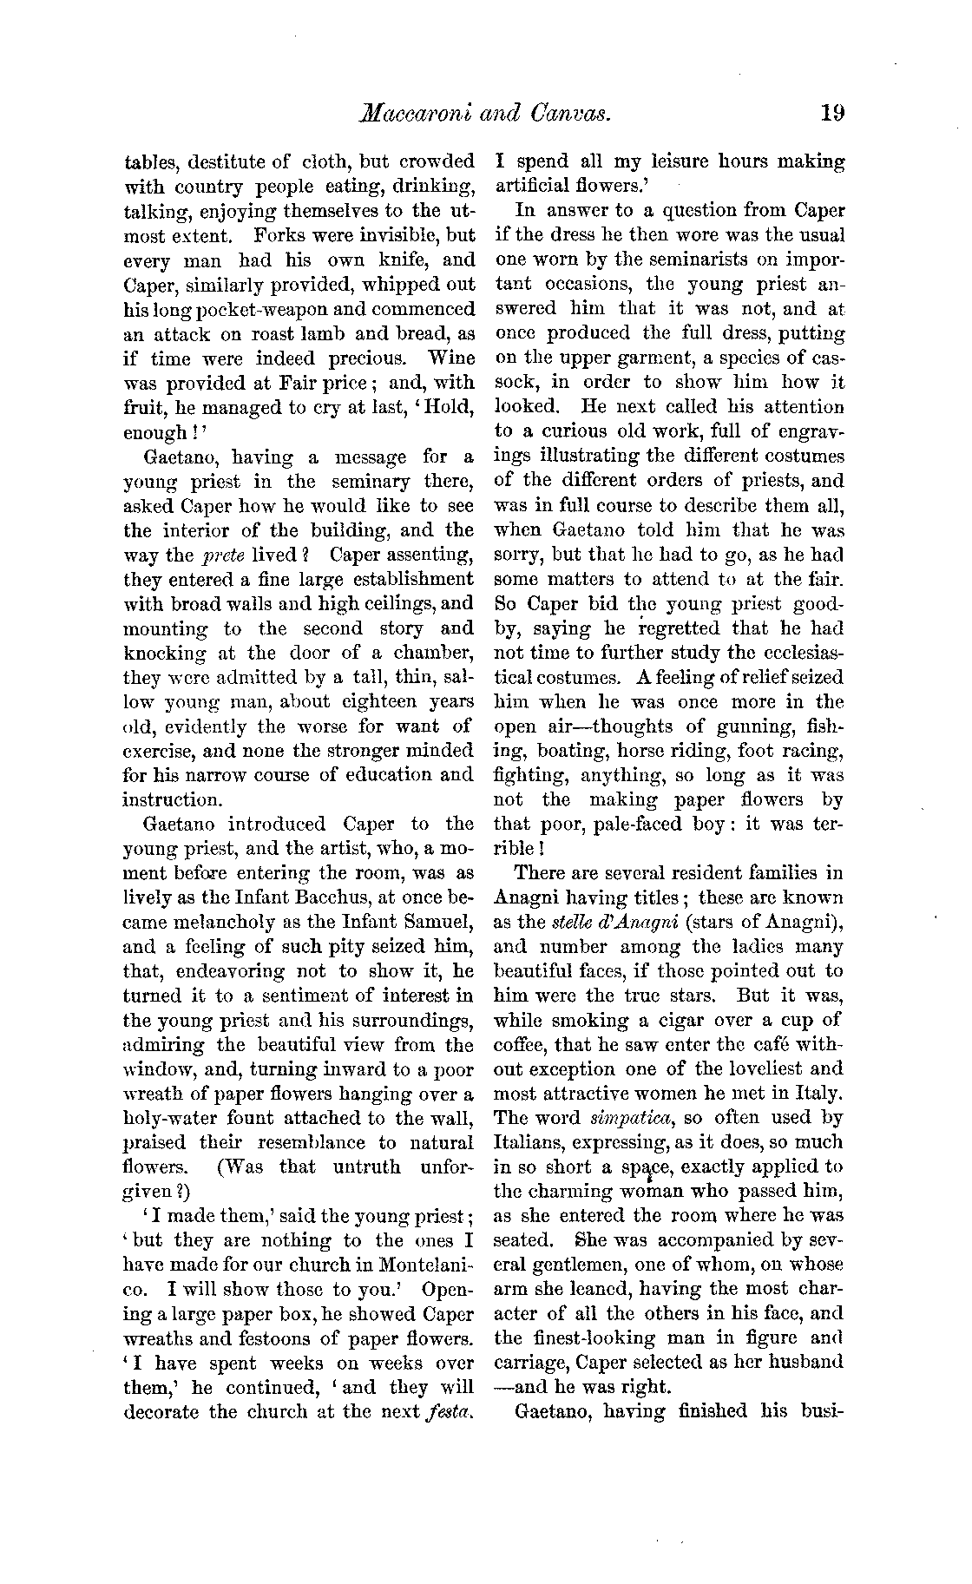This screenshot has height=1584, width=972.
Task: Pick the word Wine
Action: [x=451, y=358]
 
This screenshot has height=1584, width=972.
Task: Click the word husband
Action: [x=805, y=1361]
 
